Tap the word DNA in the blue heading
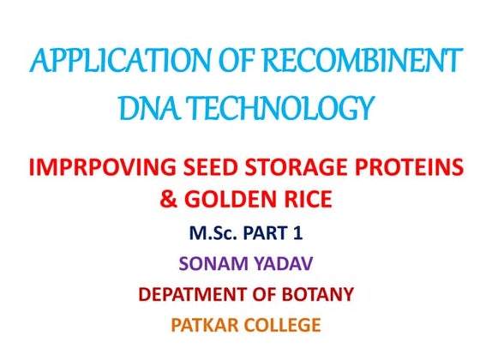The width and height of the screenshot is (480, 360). coord(139,109)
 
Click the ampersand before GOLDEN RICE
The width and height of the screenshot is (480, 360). coord(168,202)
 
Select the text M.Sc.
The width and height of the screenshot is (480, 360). coord(208,233)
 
